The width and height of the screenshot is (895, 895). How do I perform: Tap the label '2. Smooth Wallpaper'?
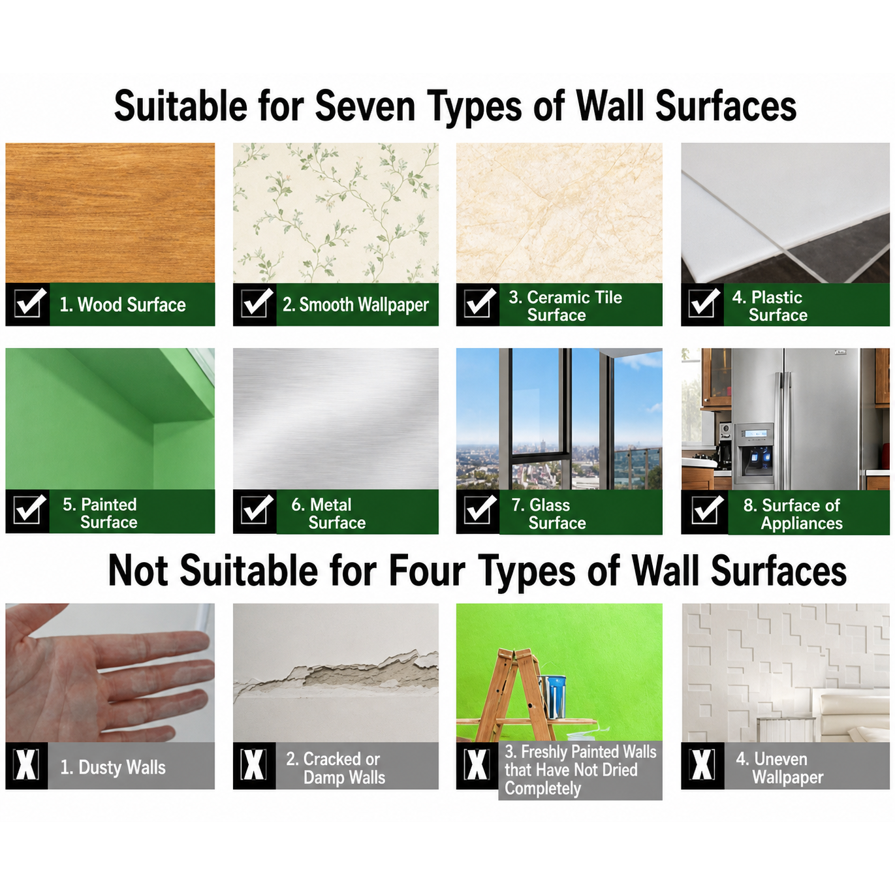tap(355, 305)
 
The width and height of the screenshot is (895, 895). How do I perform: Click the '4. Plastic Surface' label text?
tap(770, 306)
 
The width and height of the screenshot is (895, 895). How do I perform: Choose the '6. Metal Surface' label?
tap(328, 513)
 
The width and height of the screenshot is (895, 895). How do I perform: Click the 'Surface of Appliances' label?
tap(793, 514)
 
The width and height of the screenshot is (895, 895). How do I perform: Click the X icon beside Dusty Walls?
tap(26, 764)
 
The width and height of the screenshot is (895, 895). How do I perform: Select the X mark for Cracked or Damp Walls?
tap(253, 764)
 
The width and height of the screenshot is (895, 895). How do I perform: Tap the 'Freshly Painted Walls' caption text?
tap(580, 751)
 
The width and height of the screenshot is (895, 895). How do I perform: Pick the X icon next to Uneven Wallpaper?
tap(702, 764)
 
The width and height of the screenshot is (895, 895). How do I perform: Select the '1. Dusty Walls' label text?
tap(113, 767)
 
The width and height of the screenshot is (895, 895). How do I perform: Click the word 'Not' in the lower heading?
tap(138, 571)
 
